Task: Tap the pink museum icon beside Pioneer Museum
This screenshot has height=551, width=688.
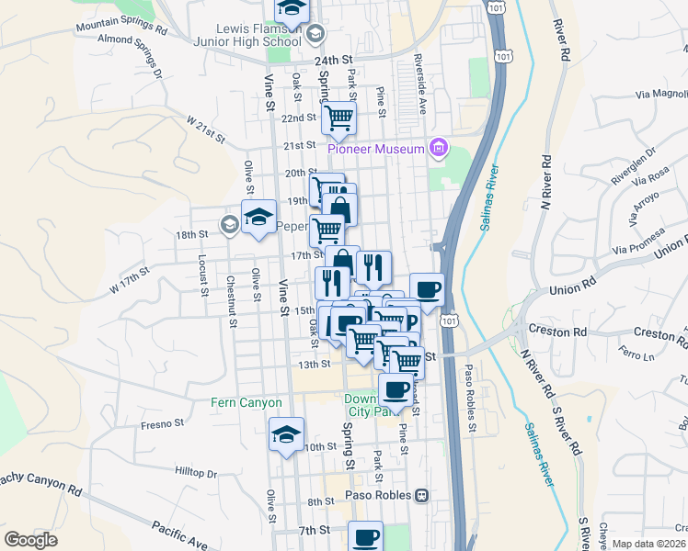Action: [438, 148]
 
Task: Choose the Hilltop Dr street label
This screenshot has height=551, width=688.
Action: [195, 472]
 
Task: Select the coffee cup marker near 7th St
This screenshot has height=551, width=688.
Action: [365, 536]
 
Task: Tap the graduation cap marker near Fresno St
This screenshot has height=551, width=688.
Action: [286, 434]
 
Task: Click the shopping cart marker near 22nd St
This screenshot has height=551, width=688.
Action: [338, 117]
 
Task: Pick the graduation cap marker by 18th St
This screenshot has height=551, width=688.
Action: [258, 217]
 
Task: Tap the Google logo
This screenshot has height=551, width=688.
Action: [30, 540]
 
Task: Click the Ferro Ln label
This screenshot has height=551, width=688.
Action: [635, 353]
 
